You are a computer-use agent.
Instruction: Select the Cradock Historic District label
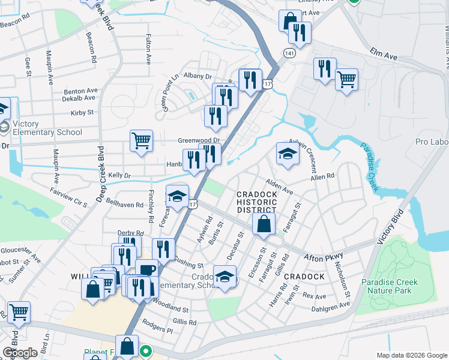(256, 202)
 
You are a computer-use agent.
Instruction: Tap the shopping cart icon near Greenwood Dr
(141, 141)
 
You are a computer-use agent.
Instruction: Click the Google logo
(20, 353)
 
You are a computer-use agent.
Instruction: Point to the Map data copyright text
(411, 355)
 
